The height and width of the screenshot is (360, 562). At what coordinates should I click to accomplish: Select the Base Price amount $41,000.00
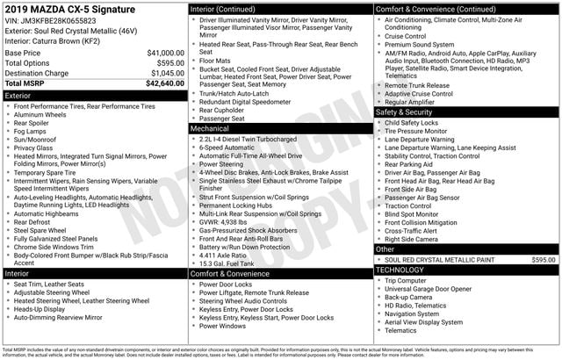pyautogui.click(x=165, y=53)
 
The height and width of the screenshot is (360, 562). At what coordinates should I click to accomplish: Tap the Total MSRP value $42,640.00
pyautogui.click(x=164, y=84)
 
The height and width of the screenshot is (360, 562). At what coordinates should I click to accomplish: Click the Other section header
pyautogui.click(x=385, y=249)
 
